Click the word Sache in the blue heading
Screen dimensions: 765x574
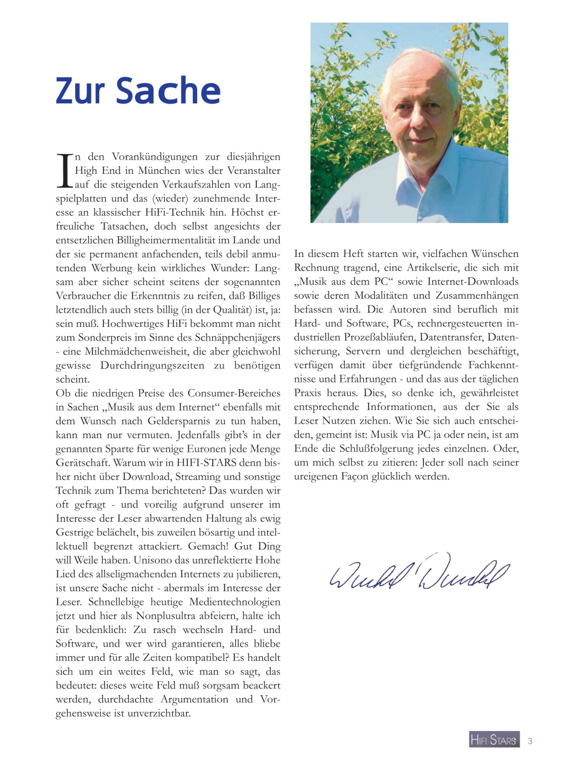168,91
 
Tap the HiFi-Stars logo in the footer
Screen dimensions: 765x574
494,740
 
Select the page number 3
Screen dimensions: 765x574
530,741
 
